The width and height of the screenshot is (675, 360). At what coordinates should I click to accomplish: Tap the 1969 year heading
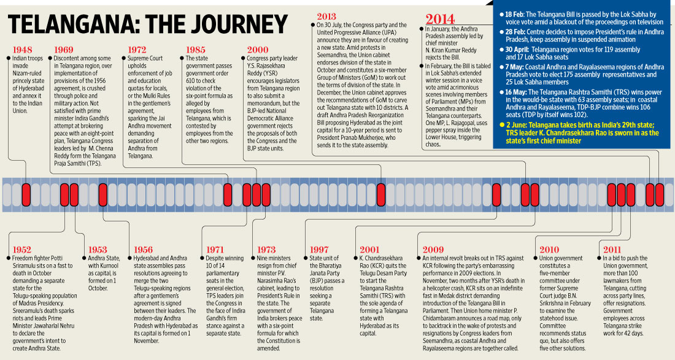click(x=64, y=49)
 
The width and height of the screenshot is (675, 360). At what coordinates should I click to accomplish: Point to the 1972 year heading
click(x=137, y=49)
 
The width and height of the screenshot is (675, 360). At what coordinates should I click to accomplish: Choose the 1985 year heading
click(x=196, y=49)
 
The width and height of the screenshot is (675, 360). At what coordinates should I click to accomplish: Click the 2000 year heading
click(x=257, y=49)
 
